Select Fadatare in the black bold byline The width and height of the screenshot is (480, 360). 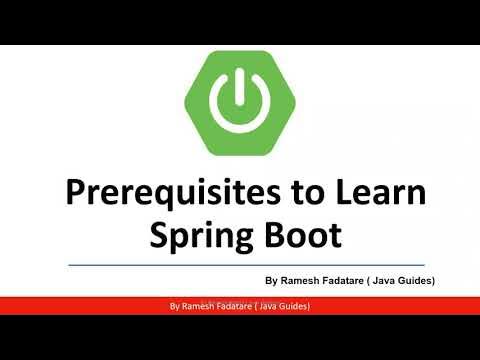click(350, 282)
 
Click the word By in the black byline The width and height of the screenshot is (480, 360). click(271, 282)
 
